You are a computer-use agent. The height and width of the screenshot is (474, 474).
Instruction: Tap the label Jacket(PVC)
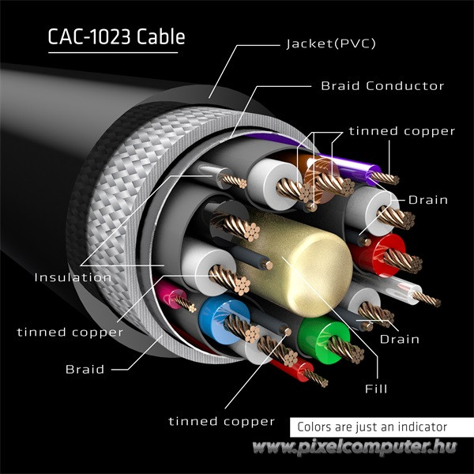[330, 43]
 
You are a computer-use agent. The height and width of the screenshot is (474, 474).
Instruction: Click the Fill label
[375, 389]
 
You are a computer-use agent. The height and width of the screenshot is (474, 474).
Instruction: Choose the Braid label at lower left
[85, 368]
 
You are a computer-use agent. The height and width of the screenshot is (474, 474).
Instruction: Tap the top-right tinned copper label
[402, 131]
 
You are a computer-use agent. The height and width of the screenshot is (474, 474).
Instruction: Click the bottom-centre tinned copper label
[221, 421]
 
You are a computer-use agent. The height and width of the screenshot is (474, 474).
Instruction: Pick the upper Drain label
[427, 200]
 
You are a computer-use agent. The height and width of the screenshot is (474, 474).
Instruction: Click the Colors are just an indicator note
[372, 427]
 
